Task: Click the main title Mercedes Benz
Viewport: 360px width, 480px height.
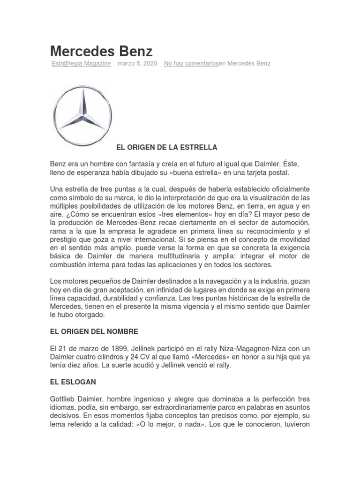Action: [x=101, y=51]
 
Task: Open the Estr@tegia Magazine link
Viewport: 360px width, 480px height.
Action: [x=81, y=63]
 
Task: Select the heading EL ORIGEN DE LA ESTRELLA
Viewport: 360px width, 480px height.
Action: [x=166, y=147]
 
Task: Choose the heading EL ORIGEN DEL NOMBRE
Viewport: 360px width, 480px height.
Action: [x=94, y=331]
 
